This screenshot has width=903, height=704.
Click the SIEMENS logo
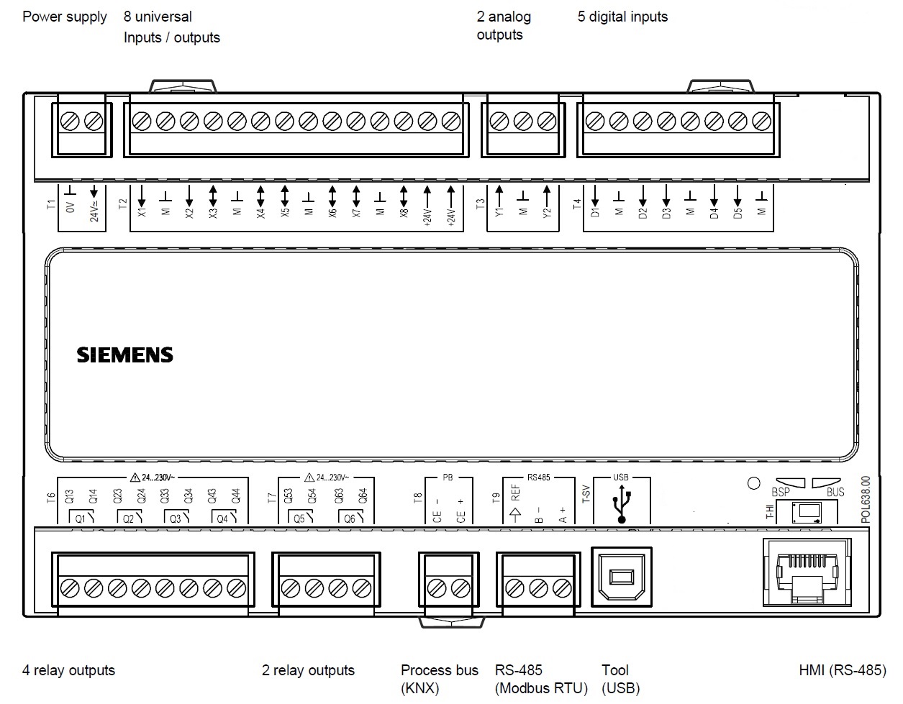124,355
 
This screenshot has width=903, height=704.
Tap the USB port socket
621,577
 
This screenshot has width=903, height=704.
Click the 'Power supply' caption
65,17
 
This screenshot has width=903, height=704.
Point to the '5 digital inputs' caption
622,17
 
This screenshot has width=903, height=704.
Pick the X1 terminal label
141,213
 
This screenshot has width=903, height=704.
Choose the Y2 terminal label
547,213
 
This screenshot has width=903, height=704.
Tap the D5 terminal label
738,213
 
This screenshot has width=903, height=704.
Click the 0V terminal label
71,209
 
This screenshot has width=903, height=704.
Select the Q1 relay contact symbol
81,518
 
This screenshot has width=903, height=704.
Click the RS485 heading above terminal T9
538,477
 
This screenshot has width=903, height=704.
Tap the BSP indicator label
781,493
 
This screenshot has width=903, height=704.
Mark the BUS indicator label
835,493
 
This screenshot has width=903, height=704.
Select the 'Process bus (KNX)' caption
439,679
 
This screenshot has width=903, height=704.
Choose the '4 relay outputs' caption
68,670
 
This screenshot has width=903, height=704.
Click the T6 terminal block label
50,497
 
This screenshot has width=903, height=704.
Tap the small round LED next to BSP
753,483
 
